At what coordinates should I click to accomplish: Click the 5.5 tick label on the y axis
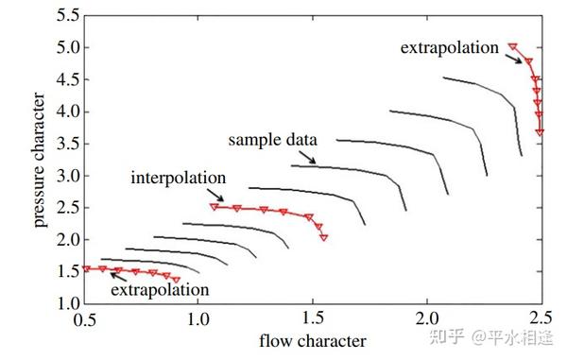click(x=68, y=16)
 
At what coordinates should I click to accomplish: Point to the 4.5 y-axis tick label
click(x=68, y=79)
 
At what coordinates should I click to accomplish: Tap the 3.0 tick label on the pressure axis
click(x=68, y=176)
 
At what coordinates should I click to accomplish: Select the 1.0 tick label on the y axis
click(x=68, y=303)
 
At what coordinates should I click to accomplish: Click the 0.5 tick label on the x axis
click(x=85, y=319)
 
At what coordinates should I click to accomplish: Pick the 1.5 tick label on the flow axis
click(x=313, y=318)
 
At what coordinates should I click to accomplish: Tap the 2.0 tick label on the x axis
click(x=427, y=318)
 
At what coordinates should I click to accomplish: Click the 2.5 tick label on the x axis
click(x=541, y=318)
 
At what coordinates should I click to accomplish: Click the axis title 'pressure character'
click(x=39, y=160)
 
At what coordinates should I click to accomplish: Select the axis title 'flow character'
click(x=313, y=341)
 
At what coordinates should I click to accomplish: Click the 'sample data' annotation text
click(x=273, y=140)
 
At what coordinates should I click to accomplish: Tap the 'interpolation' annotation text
click(x=179, y=178)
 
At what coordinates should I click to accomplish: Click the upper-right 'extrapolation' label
click(x=450, y=47)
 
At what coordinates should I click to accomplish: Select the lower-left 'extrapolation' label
click(x=160, y=290)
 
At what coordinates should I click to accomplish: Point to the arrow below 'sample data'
click(x=307, y=158)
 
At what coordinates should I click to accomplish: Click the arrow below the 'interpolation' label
click(x=215, y=195)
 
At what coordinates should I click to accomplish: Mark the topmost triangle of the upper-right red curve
click(x=513, y=46)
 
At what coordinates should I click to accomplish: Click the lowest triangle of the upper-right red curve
click(x=540, y=132)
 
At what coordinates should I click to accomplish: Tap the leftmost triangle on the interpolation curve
click(x=215, y=207)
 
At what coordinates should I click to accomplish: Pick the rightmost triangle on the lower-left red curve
click(x=176, y=280)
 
